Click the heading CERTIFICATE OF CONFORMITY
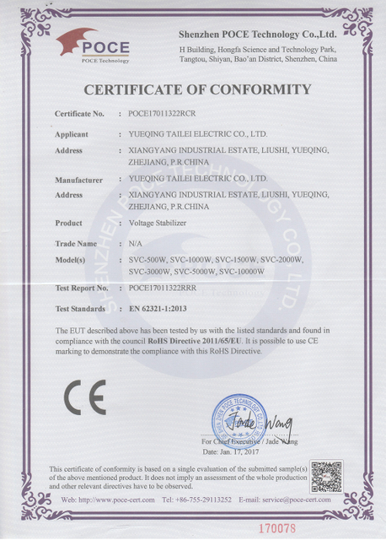[198, 89]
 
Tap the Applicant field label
[72, 134]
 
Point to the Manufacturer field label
[78, 179]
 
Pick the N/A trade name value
[135, 243]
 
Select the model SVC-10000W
[242, 272]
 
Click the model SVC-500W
[147, 259]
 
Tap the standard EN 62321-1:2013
[164, 309]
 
